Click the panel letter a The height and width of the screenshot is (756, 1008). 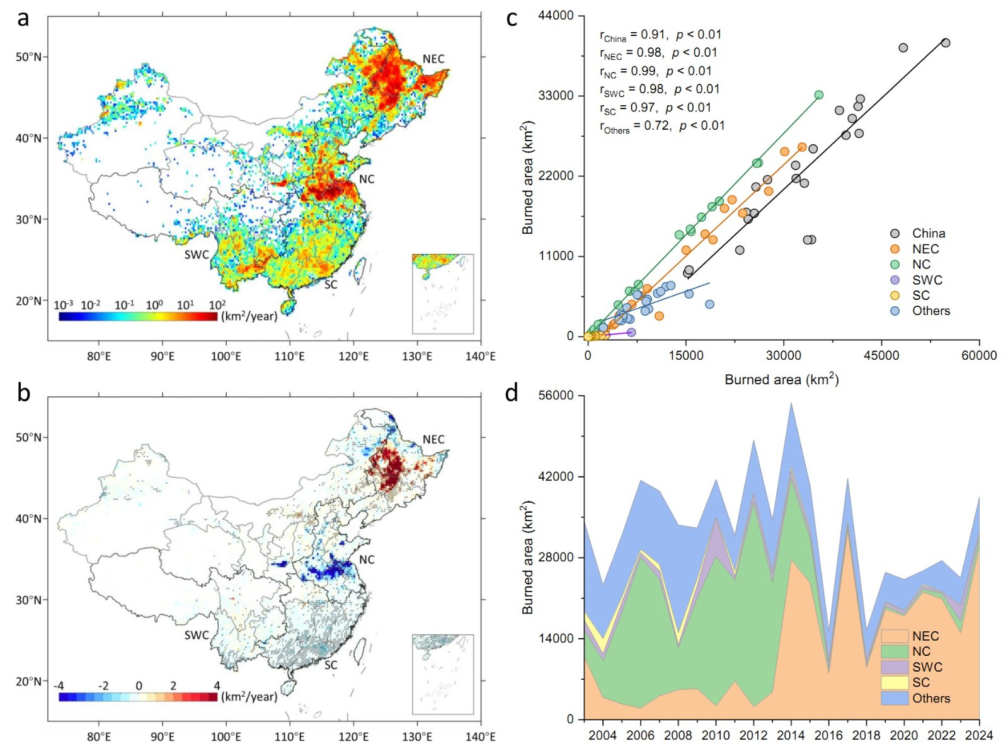click(x=23, y=18)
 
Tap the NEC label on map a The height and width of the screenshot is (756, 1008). click(x=433, y=59)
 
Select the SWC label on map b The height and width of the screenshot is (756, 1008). click(x=197, y=635)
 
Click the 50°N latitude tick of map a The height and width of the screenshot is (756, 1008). click(x=28, y=57)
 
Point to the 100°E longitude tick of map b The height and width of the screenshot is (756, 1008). click(x=226, y=736)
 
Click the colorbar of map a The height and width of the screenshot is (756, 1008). click(x=138, y=316)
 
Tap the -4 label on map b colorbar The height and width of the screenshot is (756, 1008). click(x=59, y=685)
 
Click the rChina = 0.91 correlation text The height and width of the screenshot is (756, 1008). click(x=660, y=35)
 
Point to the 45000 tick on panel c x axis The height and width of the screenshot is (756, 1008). click(x=881, y=355)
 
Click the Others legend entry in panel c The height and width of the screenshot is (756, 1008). click(x=931, y=311)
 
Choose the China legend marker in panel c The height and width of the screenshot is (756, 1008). click(x=895, y=234)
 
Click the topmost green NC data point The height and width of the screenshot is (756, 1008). click(x=819, y=95)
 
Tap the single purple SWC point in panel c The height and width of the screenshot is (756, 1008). click(x=631, y=332)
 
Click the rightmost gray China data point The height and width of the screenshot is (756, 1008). click(x=946, y=43)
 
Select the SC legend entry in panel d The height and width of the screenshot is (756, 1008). click(x=920, y=682)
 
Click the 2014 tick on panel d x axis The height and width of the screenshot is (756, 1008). click(x=791, y=735)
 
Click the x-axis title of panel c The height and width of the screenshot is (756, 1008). click(x=781, y=379)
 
